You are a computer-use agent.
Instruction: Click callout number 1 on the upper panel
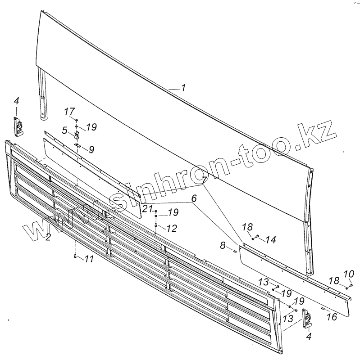(x=183, y=88)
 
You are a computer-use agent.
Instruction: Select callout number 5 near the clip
(x=65, y=130)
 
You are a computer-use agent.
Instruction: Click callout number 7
(x=205, y=180)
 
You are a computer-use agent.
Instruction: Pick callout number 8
(x=223, y=246)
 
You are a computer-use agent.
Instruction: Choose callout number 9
(x=91, y=149)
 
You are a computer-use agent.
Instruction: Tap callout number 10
(x=349, y=273)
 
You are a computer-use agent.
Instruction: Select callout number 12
(x=171, y=229)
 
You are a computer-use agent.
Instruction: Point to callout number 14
(x=270, y=240)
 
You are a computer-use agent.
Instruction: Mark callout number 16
(x=331, y=317)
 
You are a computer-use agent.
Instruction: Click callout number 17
(x=68, y=111)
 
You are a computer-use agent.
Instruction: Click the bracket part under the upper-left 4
(x=18, y=126)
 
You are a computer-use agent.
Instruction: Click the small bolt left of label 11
(x=74, y=256)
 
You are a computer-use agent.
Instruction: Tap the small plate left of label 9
(x=77, y=145)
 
